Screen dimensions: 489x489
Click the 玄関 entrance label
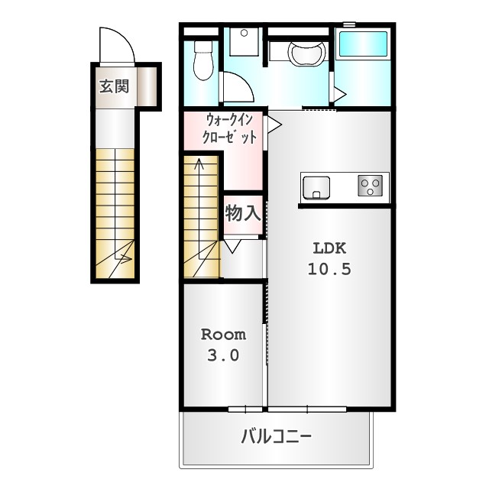click(x=114, y=86)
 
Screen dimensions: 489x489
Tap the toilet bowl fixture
click(x=203, y=60)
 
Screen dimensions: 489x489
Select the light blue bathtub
click(x=363, y=44)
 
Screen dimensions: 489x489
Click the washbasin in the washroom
click(x=307, y=53)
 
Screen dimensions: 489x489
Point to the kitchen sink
click(x=316, y=187)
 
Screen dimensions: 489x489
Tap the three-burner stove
click(x=370, y=185)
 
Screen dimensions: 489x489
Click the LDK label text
click(x=329, y=248)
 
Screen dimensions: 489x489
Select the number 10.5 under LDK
click(x=329, y=269)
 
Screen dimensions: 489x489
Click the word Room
click(x=223, y=335)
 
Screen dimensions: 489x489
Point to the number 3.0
click(x=223, y=355)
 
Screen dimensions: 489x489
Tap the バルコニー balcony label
click(x=277, y=436)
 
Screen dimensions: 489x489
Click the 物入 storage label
click(x=243, y=213)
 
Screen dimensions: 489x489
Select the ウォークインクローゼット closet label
click(x=230, y=129)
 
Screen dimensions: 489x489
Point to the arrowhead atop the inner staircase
click(x=199, y=163)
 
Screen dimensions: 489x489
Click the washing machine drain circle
click(x=244, y=33)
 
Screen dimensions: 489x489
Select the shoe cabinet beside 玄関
click(x=147, y=86)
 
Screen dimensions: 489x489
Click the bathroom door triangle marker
click(x=340, y=93)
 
